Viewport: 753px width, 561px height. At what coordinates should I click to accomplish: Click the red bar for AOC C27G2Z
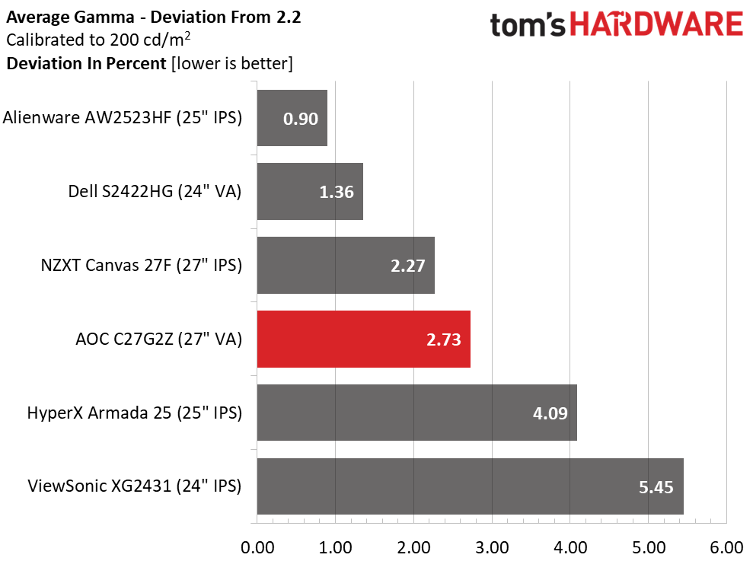363,339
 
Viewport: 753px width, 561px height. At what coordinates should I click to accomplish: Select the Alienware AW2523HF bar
292,118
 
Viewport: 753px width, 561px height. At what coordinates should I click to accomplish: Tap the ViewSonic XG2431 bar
470,486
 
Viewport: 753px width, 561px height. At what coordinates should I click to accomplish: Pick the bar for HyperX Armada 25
416,413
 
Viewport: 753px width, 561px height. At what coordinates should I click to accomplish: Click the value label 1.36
337,192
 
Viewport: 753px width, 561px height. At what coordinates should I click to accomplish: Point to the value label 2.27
407,266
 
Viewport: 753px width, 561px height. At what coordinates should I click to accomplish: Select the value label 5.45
656,487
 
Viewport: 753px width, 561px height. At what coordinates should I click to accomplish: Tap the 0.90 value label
301,119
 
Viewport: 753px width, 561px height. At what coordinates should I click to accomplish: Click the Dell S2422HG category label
155,191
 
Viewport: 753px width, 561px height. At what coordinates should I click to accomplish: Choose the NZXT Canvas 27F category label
141,265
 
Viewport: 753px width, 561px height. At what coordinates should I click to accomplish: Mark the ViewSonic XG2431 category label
135,486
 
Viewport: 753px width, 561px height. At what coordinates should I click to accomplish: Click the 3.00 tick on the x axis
492,547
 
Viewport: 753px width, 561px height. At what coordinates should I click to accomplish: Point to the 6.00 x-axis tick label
726,547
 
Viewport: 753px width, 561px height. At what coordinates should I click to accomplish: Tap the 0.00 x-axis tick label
257,547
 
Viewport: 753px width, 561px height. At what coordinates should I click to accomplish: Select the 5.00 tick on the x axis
648,547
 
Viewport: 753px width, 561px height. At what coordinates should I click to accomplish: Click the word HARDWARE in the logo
656,24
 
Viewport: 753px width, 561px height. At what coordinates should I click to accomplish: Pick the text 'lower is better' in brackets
232,63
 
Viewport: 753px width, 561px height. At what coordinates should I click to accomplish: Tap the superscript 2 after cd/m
187,35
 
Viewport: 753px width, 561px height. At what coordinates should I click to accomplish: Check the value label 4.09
550,413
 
